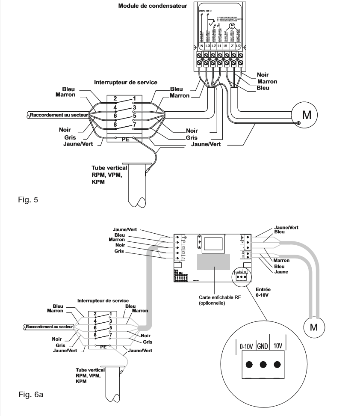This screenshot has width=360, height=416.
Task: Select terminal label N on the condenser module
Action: (201, 45)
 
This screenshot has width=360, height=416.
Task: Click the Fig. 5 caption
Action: (30, 199)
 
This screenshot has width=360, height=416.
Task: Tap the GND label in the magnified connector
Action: (263, 345)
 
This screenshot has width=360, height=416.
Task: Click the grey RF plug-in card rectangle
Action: (213, 262)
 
